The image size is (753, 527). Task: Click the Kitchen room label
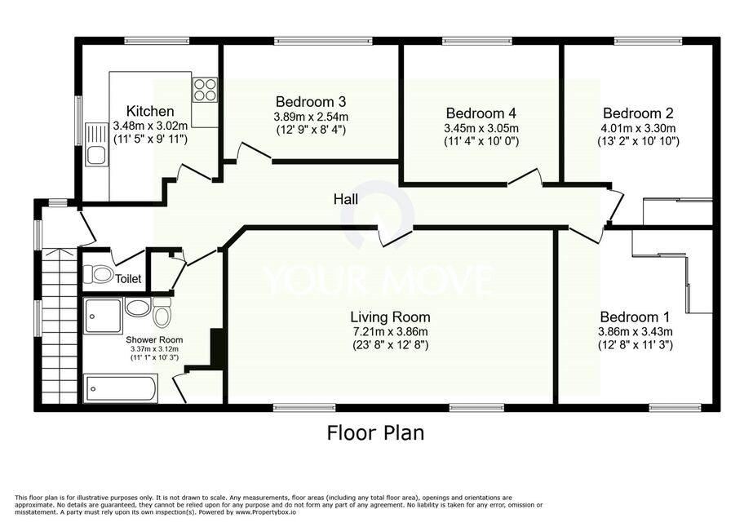pyautogui.click(x=150, y=111)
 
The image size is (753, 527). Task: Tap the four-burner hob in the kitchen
pyautogui.click(x=205, y=90)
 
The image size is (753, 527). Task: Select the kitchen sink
pyautogui.click(x=96, y=144)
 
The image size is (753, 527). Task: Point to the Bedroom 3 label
pyautogui.click(x=311, y=102)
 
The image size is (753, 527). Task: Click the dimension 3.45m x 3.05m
pyautogui.click(x=481, y=128)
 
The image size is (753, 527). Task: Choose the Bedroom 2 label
pyautogui.click(x=638, y=113)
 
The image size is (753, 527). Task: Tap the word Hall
pyautogui.click(x=346, y=199)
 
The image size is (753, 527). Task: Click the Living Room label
pyautogui.click(x=390, y=317)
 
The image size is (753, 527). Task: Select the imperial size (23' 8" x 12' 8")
pyautogui.click(x=390, y=344)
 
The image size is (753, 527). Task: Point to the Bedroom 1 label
pyautogui.click(x=635, y=317)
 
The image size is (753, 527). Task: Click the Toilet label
pyautogui.click(x=128, y=279)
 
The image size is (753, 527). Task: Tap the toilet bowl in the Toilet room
pyautogui.click(x=99, y=274)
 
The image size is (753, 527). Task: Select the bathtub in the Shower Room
pyautogui.click(x=121, y=388)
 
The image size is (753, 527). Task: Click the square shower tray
pyautogui.click(x=103, y=316)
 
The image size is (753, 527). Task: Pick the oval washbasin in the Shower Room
pyautogui.click(x=137, y=308)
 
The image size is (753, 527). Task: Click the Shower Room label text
pyautogui.click(x=155, y=339)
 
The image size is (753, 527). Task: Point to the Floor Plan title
pyautogui.click(x=375, y=432)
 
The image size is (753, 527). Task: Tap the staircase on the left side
pyautogui.click(x=60, y=326)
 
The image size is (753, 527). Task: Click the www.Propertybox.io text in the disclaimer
pyautogui.click(x=266, y=512)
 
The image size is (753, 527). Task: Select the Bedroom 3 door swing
pyautogui.click(x=255, y=150)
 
